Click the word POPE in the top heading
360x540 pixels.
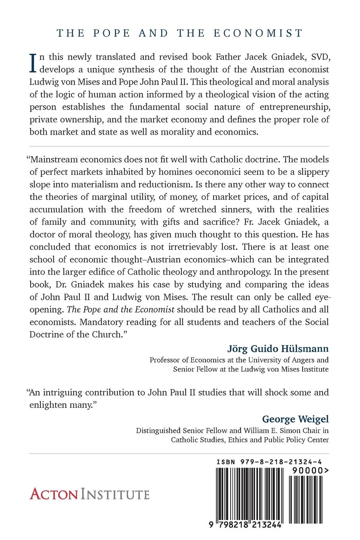pos(112,33)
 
